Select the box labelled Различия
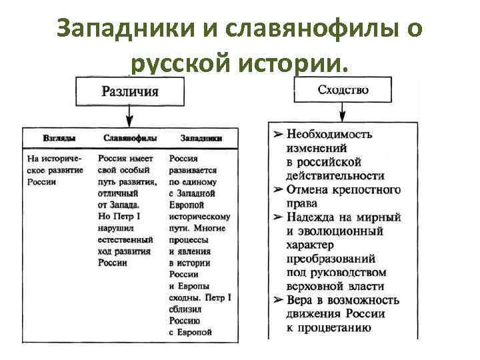click(x=129, y=91)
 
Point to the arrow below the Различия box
click(x=129, y=116)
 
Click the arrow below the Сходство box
click(x=342, y=113)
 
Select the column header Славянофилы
click(x=130, y=138)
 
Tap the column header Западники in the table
click(x=201, y=138)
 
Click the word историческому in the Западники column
click(x=200, y=216)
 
